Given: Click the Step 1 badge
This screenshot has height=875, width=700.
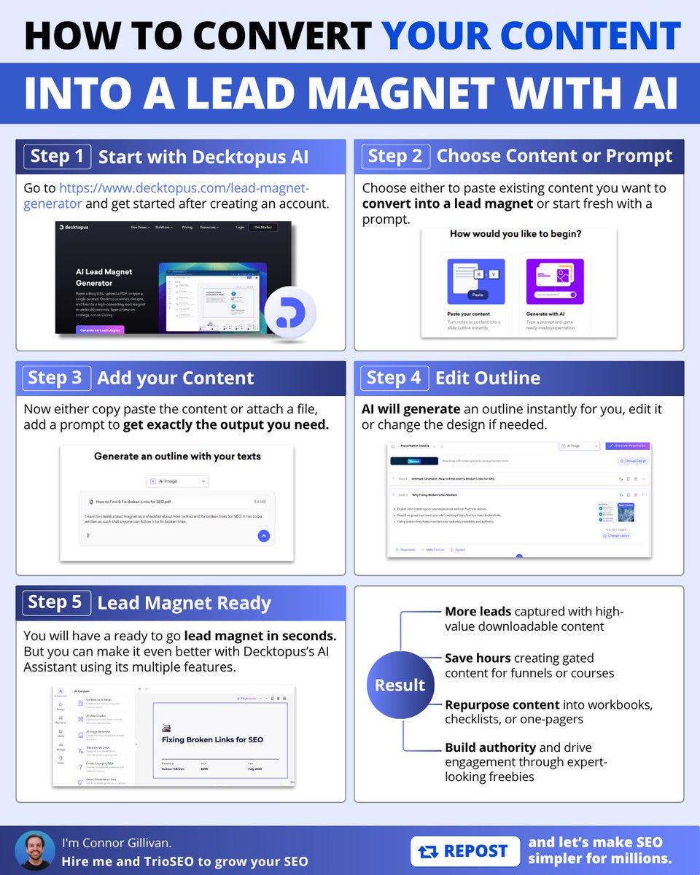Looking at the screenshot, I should click(58, 156).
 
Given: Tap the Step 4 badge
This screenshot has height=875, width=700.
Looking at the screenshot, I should click(394, 378).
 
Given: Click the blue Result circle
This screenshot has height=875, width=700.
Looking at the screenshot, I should click(400, 685).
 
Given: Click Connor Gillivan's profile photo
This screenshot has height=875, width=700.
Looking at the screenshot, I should click(35, 851).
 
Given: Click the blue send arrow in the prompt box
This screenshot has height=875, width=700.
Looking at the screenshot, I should click(264, 536).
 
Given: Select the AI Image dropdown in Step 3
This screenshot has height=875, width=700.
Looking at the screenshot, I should click(177, 481).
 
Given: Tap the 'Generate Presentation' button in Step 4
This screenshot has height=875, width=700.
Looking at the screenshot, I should click(627, 446).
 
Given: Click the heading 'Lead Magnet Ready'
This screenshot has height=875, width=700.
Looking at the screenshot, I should click(184, 603).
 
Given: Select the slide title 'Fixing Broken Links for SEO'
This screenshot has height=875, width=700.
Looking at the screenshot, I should click(212, 739).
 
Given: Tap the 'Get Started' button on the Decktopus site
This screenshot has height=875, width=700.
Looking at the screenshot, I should click(262, 227).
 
